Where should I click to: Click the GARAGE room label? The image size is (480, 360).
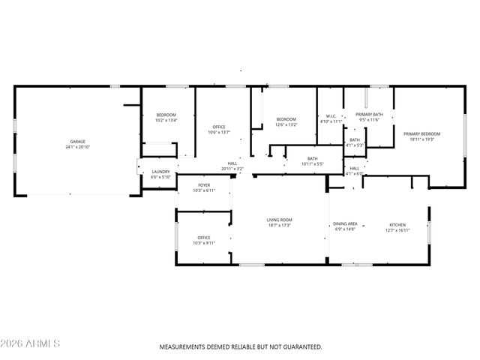[76, 141]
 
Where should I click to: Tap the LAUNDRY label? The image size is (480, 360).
[161, 172]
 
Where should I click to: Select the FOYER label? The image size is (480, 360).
[204, 185]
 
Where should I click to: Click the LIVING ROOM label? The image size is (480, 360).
[279, 220]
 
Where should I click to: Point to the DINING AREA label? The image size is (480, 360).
[345, 224]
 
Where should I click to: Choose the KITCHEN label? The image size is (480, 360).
[397, 224]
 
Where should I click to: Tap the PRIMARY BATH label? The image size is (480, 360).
[369, 114]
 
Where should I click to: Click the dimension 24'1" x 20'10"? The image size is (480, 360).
[76, 147]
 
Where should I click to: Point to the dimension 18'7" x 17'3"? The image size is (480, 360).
[279, 226]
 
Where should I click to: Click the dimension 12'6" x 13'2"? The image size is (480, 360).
[286, 125]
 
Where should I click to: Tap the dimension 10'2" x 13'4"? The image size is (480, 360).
[166, 120]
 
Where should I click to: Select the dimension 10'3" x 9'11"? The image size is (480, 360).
[204, 243]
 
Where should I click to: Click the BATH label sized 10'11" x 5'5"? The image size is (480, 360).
[312, 158]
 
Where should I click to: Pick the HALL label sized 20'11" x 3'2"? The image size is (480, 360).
[233, 163]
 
